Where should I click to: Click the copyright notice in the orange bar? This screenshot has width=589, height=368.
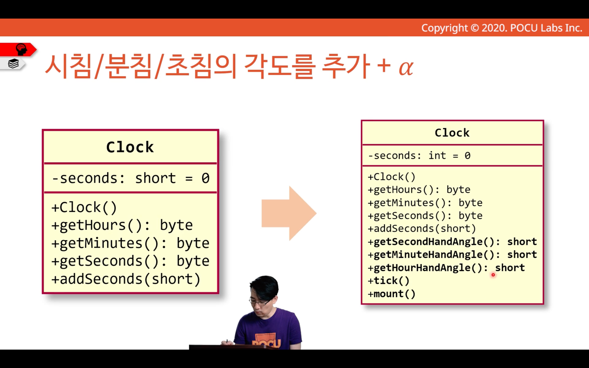pos(502,28)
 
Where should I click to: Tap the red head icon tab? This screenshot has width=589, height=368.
pos(18,49)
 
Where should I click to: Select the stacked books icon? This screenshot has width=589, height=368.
pos(13,63)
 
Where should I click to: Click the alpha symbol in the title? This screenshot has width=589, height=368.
pos(406,68)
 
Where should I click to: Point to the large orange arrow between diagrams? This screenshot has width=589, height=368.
pos(289,213)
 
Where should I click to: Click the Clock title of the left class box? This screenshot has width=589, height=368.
pos(130,147)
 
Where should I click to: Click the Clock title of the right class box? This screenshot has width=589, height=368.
pos(452,133)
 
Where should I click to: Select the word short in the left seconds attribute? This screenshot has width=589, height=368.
pos(155,178)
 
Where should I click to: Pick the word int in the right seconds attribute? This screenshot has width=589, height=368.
pos(437,156)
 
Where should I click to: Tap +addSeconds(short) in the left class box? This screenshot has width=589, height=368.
pos(126,279)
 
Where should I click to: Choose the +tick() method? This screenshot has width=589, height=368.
pos(389,280)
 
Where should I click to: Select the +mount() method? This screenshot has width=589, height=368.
pos(391,294)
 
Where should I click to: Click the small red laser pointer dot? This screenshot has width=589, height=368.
pos(493,275)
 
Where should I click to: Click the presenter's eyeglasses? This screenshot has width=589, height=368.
pos(260,302)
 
